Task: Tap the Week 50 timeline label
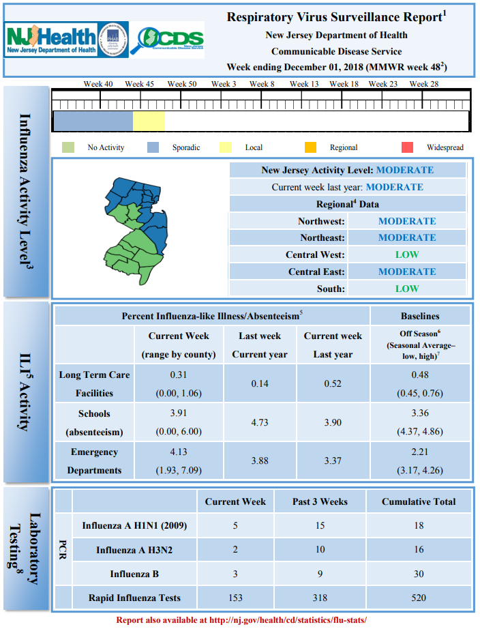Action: tap(182, 84)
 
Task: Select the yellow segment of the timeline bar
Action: tap(149, 121)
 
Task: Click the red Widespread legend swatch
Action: tap(408, 147)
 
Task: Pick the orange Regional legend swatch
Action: tap(310, 147)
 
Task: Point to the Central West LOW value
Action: tap(407, 254)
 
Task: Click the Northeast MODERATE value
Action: tap(407, 237)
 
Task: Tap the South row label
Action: tap(331, 289)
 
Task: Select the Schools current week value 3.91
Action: tap(179, 413)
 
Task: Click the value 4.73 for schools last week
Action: tap(260, 422)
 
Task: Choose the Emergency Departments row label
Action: tap(94, 461)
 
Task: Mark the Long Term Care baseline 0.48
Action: tap(420, 375)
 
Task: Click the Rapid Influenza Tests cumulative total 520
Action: tap(419, 598)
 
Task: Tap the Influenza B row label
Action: tap(134, 574)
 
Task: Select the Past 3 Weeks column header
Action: tap(320, 501)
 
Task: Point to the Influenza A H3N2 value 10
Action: tap(320, 550)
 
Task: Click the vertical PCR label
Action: tap(63, 550)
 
